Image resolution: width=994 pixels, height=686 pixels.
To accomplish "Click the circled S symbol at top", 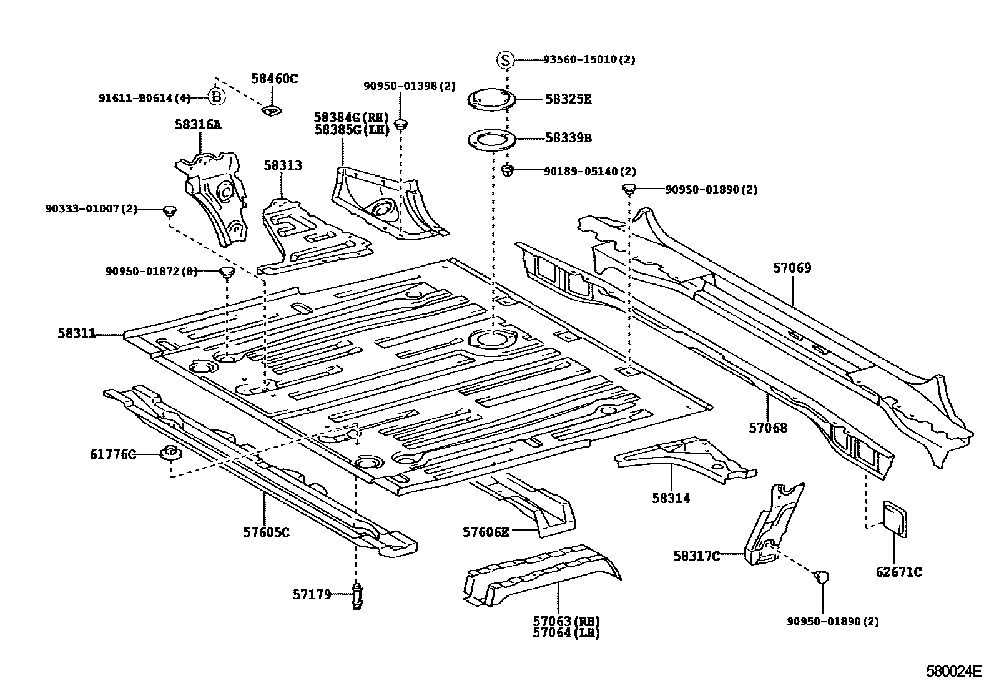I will pos(505,60).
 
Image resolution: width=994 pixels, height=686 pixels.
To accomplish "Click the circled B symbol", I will pos(216,97).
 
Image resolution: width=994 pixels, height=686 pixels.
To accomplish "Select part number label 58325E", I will pos(568,99).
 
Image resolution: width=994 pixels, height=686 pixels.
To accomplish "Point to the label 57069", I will pos(792,268).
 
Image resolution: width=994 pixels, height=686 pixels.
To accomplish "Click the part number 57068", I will pos(768,428).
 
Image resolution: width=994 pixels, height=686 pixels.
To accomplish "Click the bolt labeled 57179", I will pos(358,596).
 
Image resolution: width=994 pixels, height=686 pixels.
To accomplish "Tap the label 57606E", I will pos(486,532).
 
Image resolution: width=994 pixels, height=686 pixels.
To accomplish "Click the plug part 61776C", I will pos(170,453).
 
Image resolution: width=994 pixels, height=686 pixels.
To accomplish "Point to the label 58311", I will pos(76,334).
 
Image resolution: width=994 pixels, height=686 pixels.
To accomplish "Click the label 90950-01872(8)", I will pos(151,271).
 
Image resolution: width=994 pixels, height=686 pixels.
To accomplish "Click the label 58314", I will pos(671,498).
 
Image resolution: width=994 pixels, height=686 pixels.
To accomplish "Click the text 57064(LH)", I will pos(566,633).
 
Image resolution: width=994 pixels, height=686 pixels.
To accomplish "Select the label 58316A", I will pos(198,125).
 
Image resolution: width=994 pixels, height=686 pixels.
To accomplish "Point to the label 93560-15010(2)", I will pos(589,59).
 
